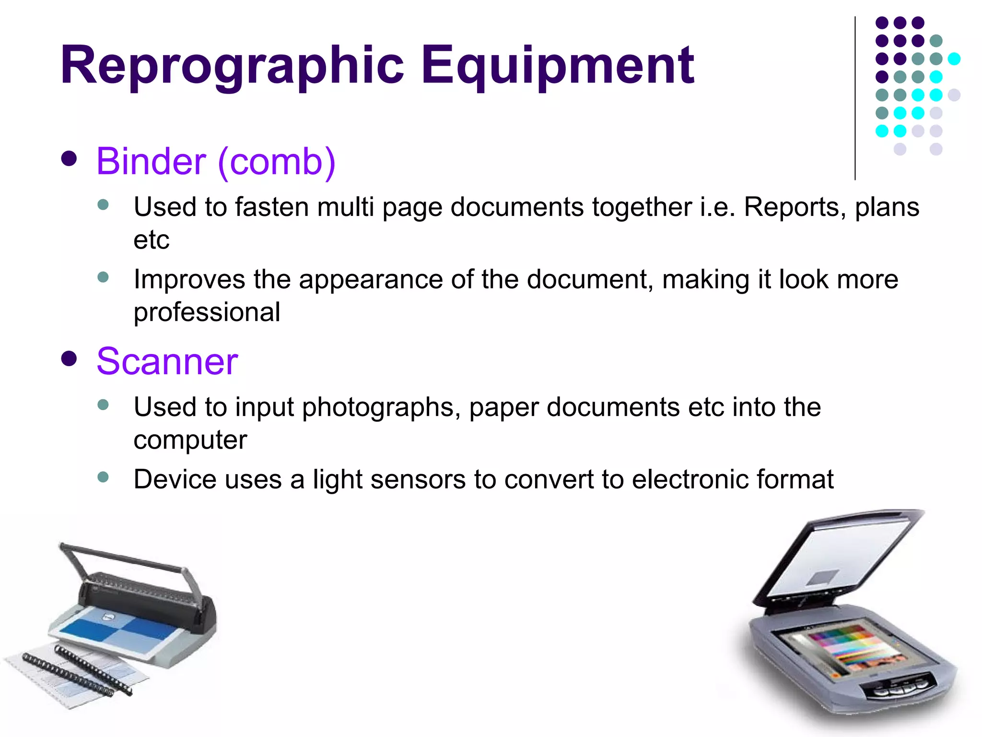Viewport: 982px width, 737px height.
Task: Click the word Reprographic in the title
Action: (232, 66)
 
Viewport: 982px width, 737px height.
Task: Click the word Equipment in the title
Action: (557, 66)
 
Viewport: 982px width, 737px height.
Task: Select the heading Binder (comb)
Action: (216, 162)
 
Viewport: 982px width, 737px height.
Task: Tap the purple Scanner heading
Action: (167, 362)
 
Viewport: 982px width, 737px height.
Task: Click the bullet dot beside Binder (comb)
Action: (70, 159)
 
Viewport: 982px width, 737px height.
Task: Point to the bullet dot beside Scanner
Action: (70, 358)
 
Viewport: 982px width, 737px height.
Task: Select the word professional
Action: (207, 313)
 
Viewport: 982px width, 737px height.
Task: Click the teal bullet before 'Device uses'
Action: (103, 477)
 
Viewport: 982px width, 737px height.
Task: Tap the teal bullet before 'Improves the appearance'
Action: (103, 277)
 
